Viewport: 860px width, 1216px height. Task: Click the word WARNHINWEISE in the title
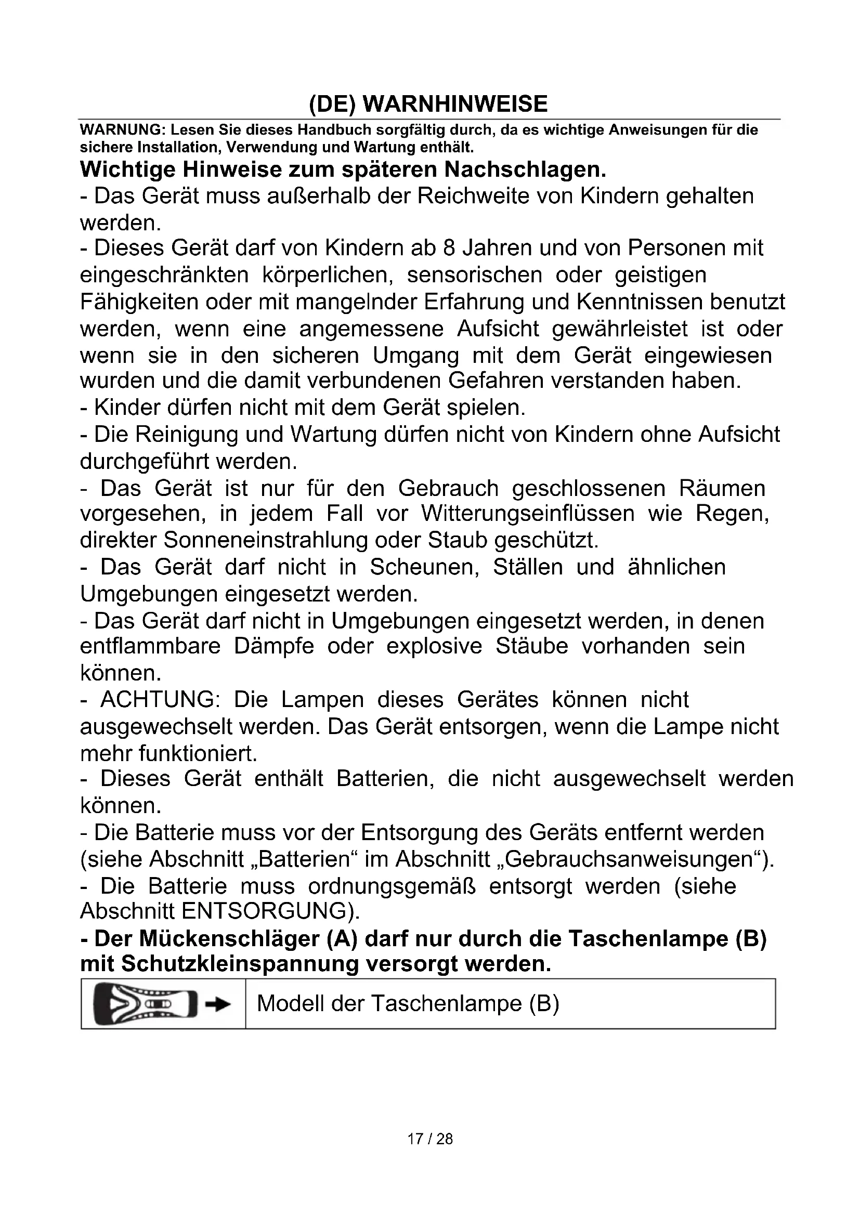[455, 104]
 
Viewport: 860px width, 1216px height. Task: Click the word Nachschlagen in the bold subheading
[524, 169]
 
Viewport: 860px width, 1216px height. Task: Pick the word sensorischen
[475, 275]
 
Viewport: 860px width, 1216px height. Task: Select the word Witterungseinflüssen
[527, 513]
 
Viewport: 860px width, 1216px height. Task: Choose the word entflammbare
[150, 646]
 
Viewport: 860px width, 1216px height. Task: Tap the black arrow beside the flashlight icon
[219, 1005]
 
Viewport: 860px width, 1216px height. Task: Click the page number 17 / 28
[430, 1139]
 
